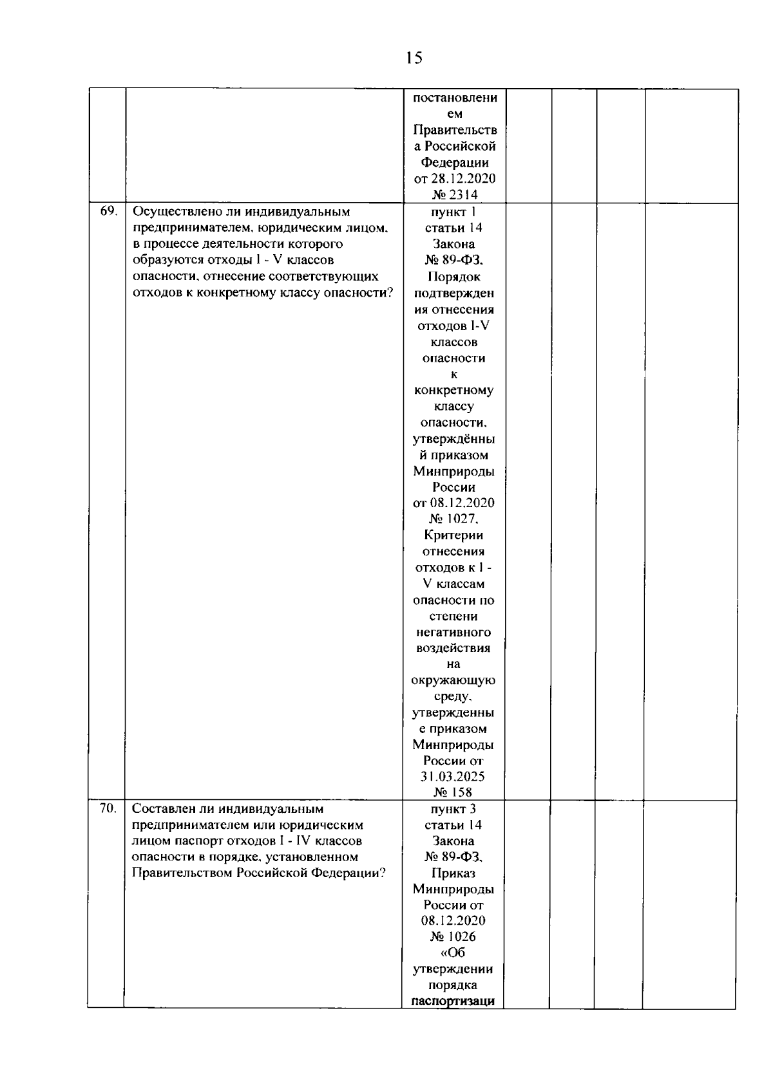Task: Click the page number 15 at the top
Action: click(415, 58)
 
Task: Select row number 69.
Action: click(107, 211)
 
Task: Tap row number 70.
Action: click(107, 808)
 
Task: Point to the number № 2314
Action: click(454, 195)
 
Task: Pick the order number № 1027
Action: click(453, 519)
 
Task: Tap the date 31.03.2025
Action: click(453, 777)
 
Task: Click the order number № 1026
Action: click(453, 937)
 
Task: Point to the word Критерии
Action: click(453, 535)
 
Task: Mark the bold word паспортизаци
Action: click(453, 1001)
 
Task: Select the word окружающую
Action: click(453, 680)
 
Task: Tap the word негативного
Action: click(453, 632)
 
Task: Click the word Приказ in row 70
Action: click(453, 873)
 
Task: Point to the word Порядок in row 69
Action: click(453, 277)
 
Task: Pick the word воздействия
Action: click(453, 648)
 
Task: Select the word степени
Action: click(453, 616)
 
